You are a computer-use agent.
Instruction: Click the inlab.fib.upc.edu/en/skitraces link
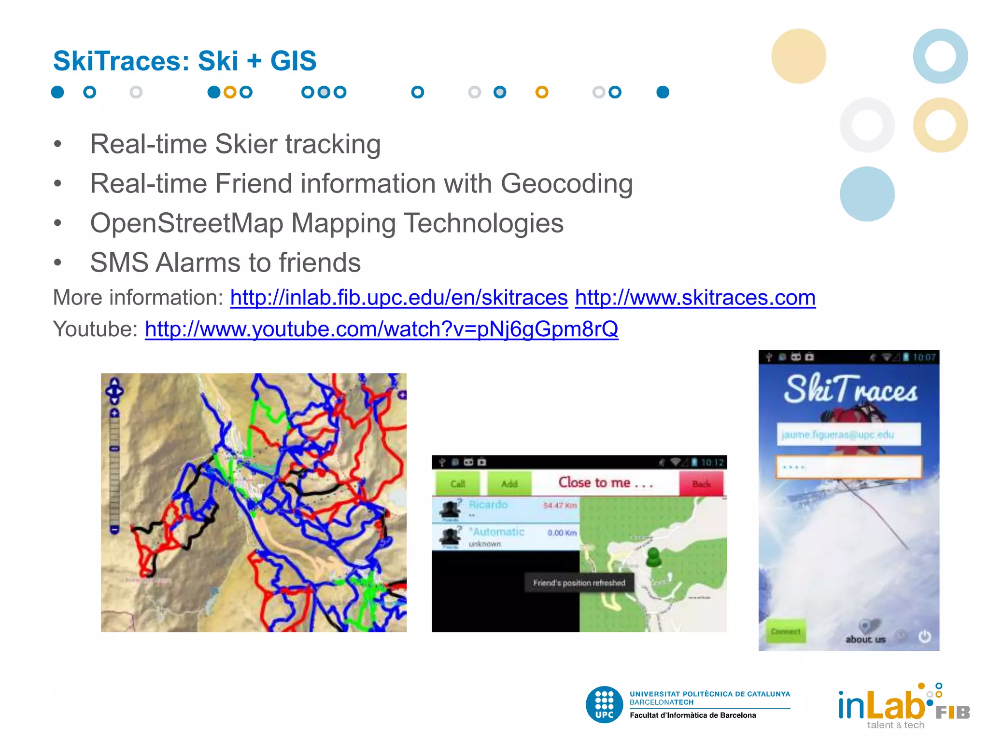coord(399,298)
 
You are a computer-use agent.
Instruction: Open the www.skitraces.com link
coord(695,298)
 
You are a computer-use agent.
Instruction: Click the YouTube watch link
coord(381,329)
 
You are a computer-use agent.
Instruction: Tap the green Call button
coord(457,483)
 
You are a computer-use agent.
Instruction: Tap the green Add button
coord(509,483)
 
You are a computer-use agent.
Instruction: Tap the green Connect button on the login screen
coord(786,631)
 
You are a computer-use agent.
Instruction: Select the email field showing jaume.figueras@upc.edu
coord(848,435)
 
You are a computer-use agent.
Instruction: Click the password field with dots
coord(848,467)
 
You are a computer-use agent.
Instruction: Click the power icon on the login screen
coord(924,636)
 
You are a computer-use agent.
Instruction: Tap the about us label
coord(865,639)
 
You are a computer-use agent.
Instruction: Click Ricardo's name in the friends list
coord(488,505)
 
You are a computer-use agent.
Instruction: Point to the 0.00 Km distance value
coord(562,533)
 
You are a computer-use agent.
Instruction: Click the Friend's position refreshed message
coord(579,583)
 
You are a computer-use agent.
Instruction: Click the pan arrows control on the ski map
coord(114,391)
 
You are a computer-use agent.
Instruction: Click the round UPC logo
coord(604,704)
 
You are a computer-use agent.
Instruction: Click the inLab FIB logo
coord(903,705)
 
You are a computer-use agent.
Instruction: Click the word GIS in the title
coord(293,61)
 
